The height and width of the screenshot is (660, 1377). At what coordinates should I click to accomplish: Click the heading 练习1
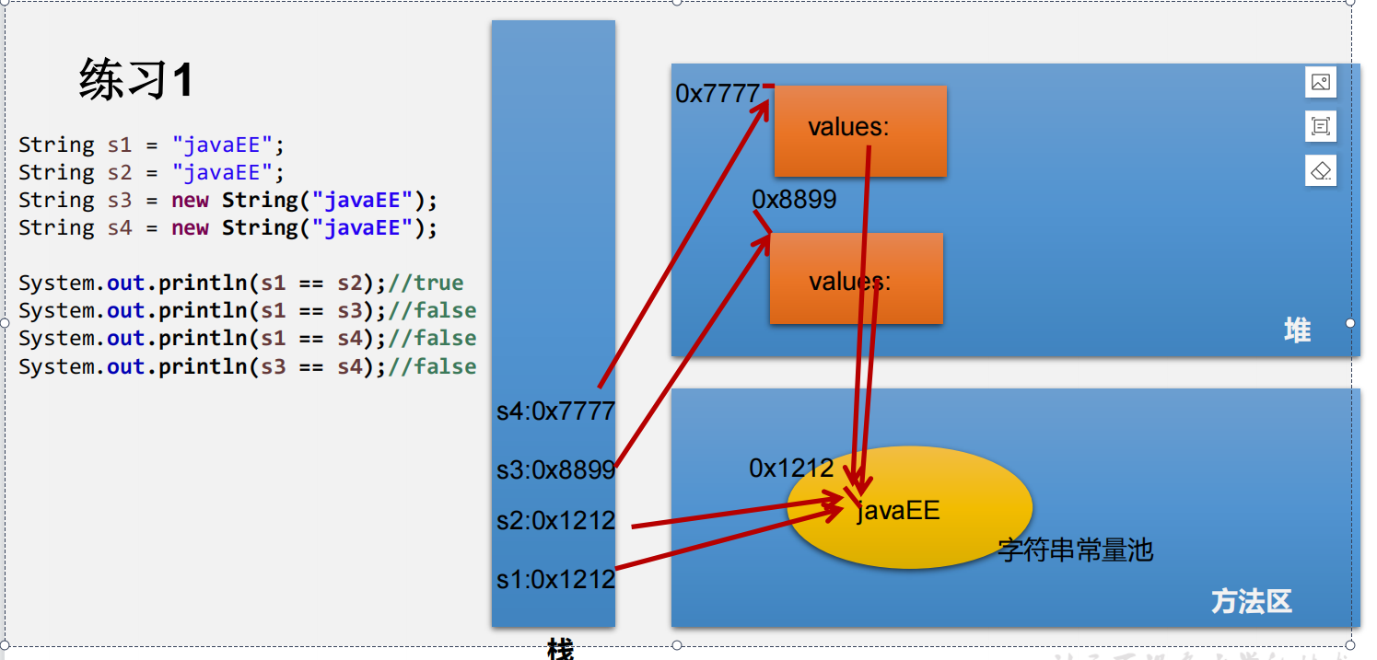136,80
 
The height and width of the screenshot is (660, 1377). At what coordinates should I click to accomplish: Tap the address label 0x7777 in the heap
718,94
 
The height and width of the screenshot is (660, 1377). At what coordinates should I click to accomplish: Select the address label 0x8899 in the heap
794,200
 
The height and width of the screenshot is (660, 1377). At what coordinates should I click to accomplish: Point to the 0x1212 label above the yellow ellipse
791,469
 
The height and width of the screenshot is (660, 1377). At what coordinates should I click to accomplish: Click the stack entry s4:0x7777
555,411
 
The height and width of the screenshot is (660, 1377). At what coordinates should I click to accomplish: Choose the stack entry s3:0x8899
555,470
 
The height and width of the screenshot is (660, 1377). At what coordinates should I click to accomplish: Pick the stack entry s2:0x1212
555,521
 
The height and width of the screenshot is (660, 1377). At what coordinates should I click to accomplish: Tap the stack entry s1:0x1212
555,580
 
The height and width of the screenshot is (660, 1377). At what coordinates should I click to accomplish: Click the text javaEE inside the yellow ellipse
898,511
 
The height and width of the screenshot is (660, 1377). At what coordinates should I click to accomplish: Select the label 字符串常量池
1075,550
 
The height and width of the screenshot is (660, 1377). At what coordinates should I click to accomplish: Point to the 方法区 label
1251,602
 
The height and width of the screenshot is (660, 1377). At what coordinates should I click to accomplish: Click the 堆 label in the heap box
1297,330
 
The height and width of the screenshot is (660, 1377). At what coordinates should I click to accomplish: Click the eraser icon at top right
1320,170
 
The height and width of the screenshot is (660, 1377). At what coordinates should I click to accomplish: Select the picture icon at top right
1320,82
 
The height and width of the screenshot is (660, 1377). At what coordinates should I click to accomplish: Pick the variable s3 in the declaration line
120,201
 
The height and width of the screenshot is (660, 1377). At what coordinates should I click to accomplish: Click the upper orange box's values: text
848,128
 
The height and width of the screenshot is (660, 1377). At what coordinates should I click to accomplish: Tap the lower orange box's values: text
849,282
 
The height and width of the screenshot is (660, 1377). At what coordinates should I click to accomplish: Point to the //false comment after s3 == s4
432,366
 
